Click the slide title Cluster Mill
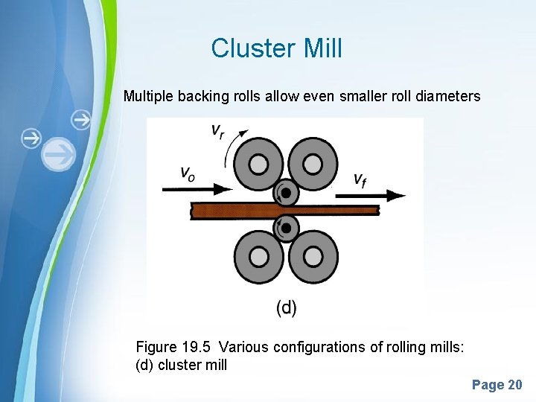276,48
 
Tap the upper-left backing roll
259,164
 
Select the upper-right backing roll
313,164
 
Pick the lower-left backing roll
259,257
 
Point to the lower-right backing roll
313,257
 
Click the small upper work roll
286,194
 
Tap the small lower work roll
286,227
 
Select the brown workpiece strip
223,211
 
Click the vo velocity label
189,173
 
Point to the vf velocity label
359,179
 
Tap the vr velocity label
217,132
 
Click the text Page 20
497,385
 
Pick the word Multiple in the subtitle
146,96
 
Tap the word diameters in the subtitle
449,96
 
